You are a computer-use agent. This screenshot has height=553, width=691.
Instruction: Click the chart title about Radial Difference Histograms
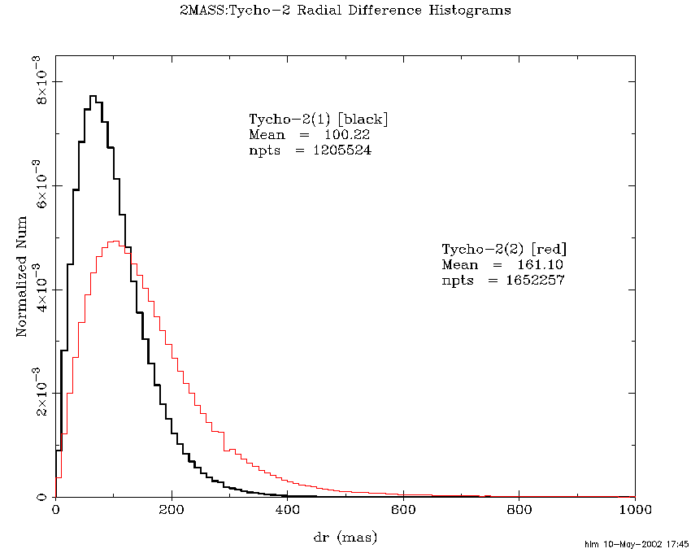(345, 11)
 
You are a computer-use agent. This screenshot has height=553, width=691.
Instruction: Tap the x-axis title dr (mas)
(345, 537)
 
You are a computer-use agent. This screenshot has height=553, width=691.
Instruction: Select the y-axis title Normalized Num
(22, 275)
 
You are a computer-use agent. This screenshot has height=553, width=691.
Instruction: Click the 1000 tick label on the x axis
(633, 511)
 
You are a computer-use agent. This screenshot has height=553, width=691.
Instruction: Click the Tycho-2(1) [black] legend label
(319, 119)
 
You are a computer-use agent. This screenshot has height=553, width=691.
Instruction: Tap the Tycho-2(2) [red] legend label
(504, 248)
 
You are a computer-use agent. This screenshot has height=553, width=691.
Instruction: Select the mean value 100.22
(347, 134)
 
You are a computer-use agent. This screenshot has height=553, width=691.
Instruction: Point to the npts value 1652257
(532, 280)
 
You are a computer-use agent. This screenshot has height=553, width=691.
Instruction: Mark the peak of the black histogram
(93, 96)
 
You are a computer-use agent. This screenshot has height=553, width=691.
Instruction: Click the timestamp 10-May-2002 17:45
(648, 543)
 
